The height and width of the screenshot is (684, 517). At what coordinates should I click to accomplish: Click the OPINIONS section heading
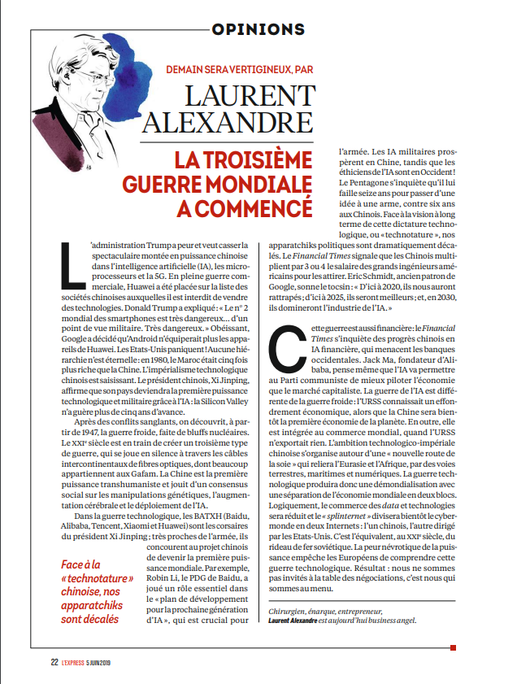258,29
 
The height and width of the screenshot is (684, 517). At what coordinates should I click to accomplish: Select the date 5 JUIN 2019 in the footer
115,661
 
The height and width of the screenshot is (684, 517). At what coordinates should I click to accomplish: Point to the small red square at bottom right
453,647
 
